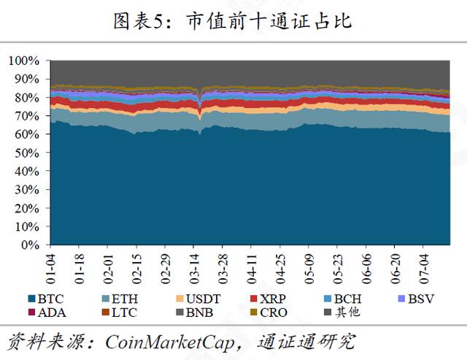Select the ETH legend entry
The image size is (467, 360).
coord(121,299)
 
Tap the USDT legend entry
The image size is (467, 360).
coord(197,299)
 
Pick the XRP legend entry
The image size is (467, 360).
coord(271,299)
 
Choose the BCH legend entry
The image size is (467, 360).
coord(344,299)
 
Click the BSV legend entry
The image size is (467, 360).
coord(416,299)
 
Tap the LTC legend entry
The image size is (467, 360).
coord(121,313)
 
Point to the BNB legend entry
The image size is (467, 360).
coord(197,313)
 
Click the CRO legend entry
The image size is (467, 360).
coord(271,313)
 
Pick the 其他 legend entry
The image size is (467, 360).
coord(344,313)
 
